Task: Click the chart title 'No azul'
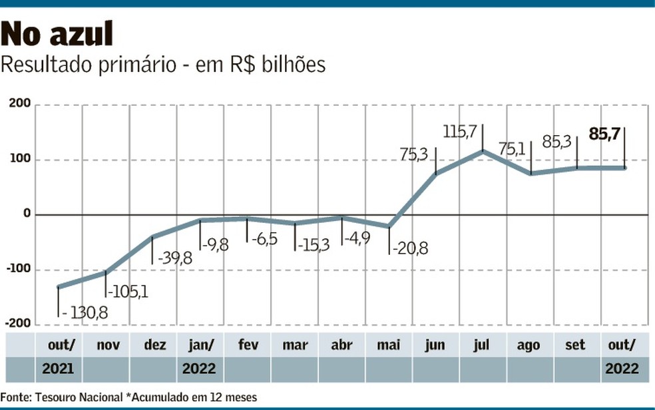57,34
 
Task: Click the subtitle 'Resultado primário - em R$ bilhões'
163,65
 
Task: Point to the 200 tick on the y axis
20,104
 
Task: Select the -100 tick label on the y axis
19,270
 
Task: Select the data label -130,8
85,311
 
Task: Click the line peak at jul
483,152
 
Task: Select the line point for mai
389,226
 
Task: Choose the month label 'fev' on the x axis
248,345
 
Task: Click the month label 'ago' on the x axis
530,345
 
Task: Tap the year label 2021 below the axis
59,368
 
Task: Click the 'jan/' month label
200,345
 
